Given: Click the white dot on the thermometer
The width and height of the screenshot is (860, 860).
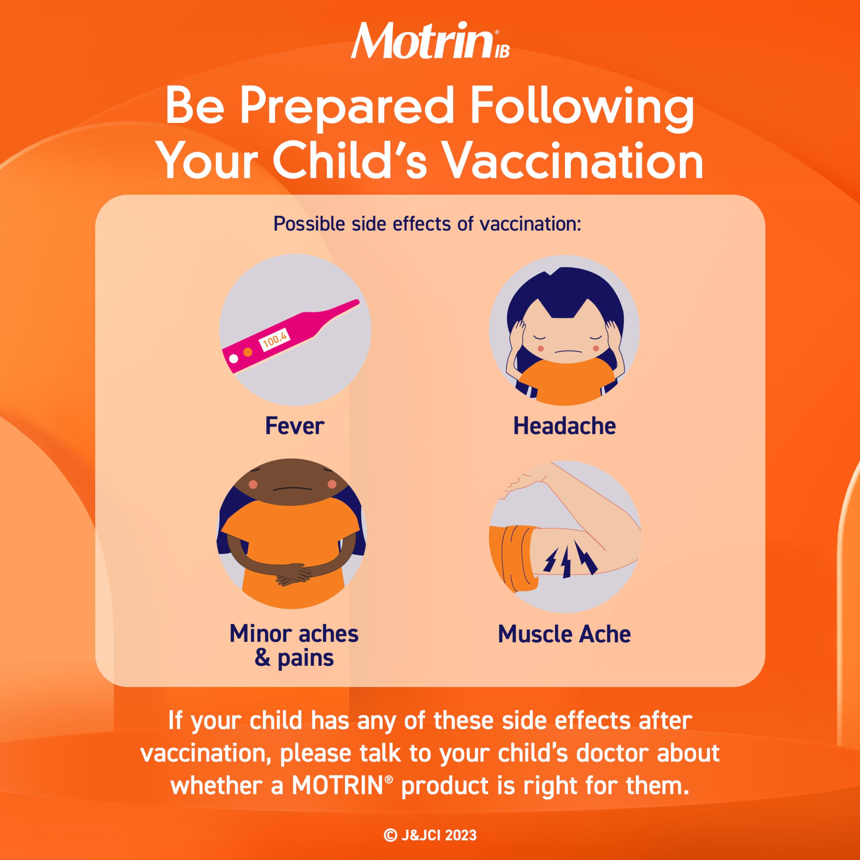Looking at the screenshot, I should coord(233,356).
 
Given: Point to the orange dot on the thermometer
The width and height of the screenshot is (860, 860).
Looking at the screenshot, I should coord(248,352).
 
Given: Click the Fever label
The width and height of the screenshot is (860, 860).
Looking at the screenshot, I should coord(295,426).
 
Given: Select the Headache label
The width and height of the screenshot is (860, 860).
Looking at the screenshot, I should coord(564,426).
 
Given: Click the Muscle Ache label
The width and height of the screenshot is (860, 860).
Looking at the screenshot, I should coord(564,634).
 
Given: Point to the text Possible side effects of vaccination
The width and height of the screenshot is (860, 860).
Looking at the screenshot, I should coord(427,224).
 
